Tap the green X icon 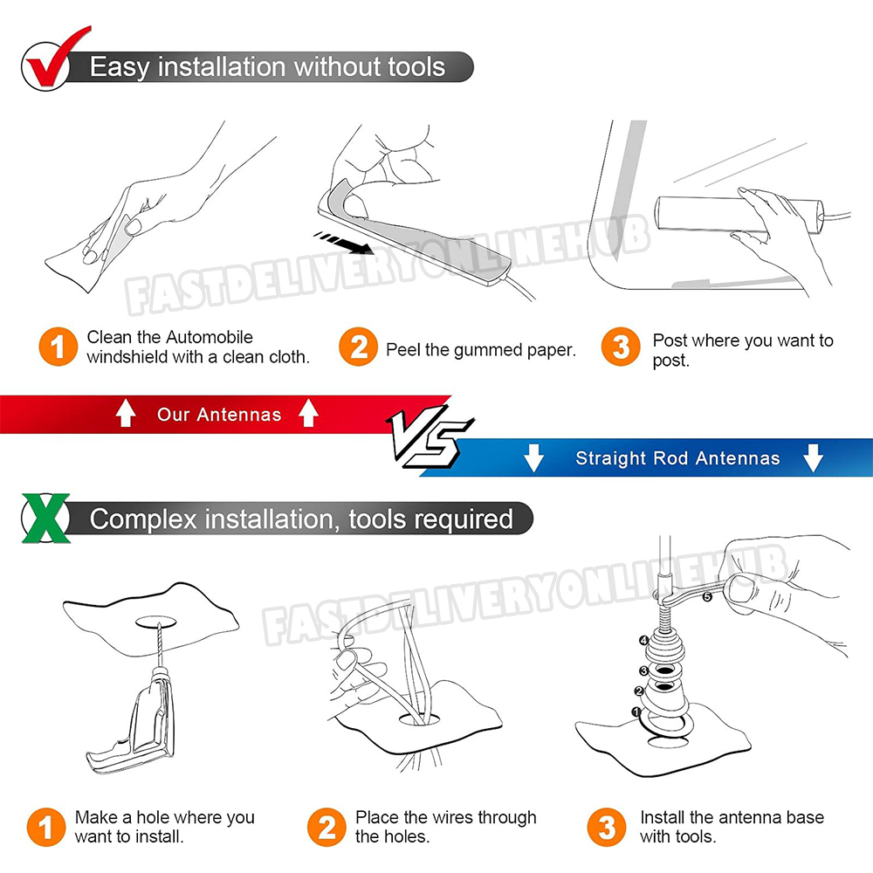point(46,518)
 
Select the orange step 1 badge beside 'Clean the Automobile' point(58,347)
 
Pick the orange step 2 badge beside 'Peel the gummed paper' point(358,347)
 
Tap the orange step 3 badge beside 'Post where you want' point(621,347)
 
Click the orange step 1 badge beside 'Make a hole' point(46,828)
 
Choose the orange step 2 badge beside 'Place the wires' point(327,828)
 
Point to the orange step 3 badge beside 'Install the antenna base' point(607,828)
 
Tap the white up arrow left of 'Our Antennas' point(126,414)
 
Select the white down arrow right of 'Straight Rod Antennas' point(813,457)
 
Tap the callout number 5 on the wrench point(706,597)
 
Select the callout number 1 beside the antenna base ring point(636,711)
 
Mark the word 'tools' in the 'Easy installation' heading point(416,67)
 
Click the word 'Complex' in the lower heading point(144,519)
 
